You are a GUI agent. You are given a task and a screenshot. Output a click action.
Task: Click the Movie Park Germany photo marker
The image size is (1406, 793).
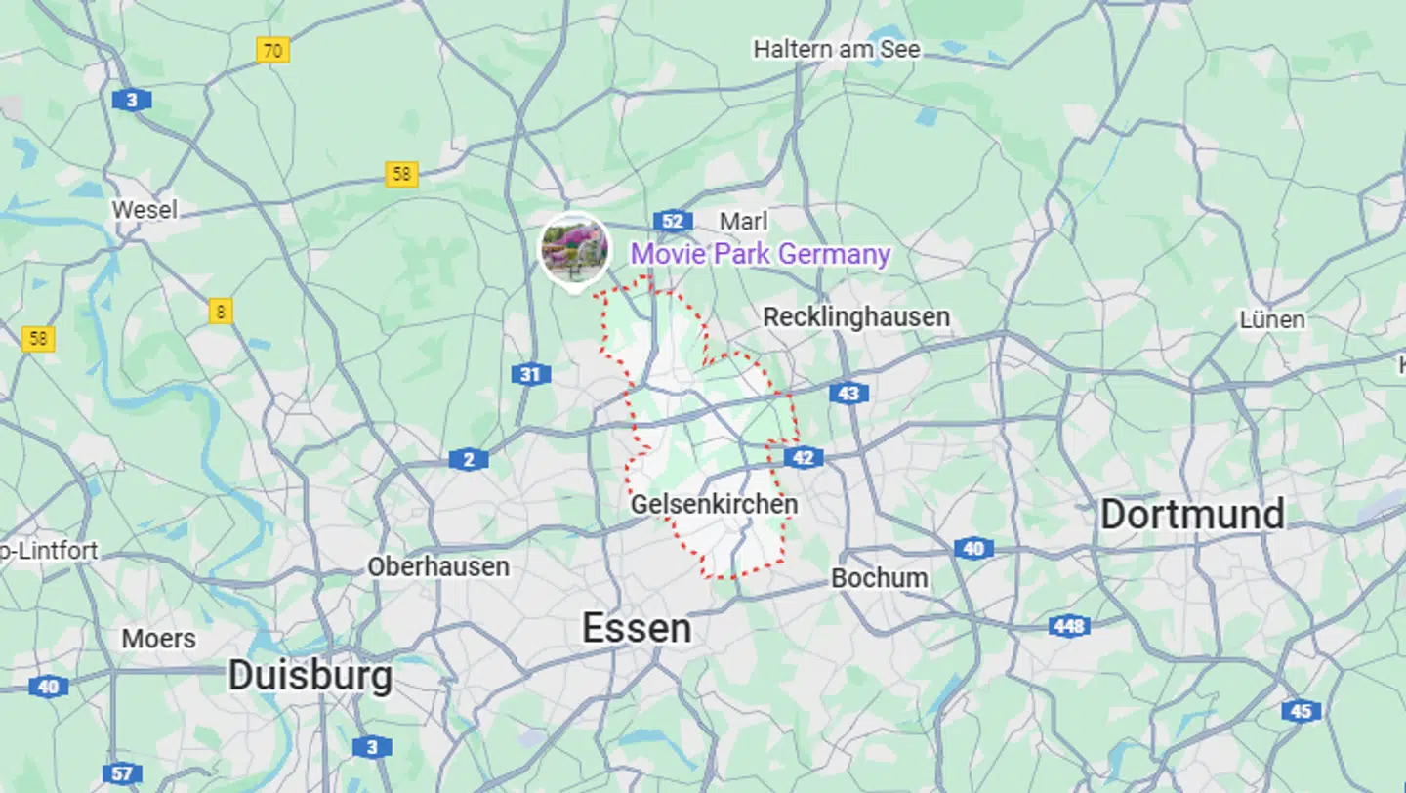tap(575, 248)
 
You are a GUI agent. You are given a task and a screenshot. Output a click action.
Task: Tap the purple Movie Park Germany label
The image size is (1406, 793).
tap(760, 254)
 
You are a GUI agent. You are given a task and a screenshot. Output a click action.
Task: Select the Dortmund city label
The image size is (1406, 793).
tap(1192, 515)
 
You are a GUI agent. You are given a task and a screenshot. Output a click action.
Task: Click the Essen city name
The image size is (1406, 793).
tap(637, 628)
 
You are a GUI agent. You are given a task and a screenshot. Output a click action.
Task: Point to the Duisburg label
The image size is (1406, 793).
tap(310, 676)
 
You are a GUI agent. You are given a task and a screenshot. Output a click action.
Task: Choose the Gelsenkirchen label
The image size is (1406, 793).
tap(714, 504)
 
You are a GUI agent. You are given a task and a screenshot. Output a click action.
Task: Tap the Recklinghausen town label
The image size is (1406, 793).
tap(856, 316)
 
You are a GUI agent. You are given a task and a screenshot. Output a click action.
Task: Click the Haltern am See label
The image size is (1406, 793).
tap(837, 48)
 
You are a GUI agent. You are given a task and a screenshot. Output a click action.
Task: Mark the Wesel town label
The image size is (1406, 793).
tap(145, 209)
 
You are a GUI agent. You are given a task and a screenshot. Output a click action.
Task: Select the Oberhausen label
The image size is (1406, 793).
tap(438, 566)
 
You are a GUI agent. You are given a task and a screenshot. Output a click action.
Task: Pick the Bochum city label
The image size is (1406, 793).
tap(880, 577)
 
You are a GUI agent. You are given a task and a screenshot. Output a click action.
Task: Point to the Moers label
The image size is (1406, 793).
tap(158, 639)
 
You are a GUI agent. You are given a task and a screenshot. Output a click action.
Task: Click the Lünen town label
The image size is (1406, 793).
tap(1271, 319)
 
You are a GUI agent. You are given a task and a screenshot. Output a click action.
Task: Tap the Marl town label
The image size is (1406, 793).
tap(743, 221)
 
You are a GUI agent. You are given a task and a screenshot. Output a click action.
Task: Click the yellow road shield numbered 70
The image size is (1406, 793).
tap(273, 50)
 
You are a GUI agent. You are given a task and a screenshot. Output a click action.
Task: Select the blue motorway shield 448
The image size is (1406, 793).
tap(1069, 626)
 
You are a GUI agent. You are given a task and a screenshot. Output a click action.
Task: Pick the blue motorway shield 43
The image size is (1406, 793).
tap(848, 393)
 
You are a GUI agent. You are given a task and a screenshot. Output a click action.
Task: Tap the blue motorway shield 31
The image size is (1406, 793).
tap(530, 374)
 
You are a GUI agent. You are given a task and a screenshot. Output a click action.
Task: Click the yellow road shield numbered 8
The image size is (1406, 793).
tap(221, 312)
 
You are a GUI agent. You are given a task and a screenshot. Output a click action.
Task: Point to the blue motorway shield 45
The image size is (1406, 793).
tap(1301, 711)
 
